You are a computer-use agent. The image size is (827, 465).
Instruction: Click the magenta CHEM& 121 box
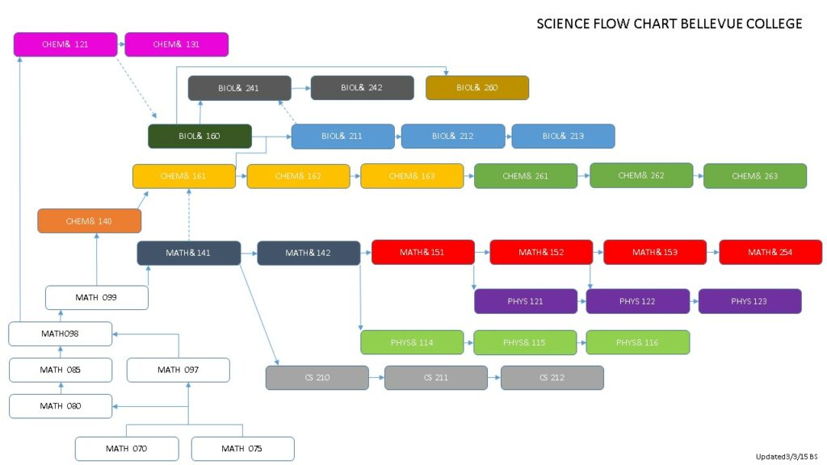(65, 44)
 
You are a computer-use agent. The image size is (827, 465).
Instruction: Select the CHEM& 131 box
(176, 44)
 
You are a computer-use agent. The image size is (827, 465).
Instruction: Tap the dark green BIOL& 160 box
(199, 136)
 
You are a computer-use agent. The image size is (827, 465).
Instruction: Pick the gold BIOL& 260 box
(477, 87)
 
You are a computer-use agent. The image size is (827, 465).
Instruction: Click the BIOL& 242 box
(362, 87)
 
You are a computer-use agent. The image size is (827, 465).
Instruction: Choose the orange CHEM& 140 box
(89, 220)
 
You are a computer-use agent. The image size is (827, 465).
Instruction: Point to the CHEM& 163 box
(412, 176)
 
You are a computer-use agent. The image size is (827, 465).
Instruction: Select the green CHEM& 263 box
(755, 176)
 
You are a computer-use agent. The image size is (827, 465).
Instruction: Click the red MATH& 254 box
(770, 253)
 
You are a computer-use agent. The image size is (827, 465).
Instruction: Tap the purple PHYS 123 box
(749, 301)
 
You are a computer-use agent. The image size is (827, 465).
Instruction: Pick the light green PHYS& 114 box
(412, 342)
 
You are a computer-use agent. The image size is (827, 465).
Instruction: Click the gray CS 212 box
(552, 378)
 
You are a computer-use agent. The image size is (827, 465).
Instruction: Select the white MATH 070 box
(126, 448)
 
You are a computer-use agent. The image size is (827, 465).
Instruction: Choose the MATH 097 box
(178, 370)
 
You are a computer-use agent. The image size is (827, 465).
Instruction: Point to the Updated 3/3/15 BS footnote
(787, 456)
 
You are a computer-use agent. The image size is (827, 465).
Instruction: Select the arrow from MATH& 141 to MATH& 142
(249, 253)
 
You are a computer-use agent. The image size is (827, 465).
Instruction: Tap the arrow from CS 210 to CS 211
(376, 378)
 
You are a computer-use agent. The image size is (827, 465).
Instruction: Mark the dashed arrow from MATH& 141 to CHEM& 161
(188, 215)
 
